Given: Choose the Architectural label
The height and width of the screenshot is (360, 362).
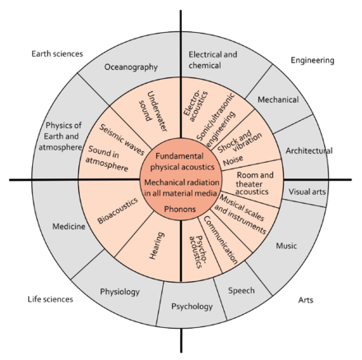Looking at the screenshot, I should (305, 150).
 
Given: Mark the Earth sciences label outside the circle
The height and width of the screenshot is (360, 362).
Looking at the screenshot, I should (57, 54).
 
